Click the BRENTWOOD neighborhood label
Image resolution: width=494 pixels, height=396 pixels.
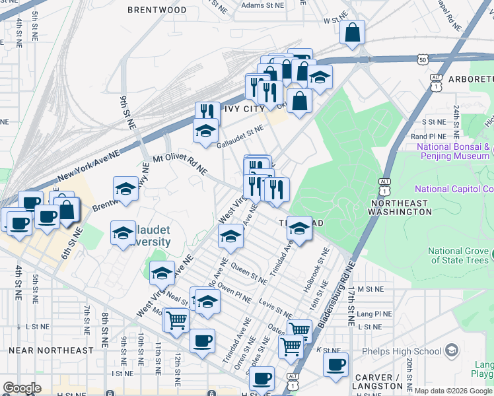point(157,10)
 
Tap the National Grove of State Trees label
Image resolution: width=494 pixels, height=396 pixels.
point(460,255)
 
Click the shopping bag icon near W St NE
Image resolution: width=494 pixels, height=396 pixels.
point(353,32)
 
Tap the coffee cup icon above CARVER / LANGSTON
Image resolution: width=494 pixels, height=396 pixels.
point(336,364)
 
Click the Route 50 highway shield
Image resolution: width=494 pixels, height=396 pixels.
point(421,59)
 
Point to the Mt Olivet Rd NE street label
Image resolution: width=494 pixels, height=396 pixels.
point(180,165)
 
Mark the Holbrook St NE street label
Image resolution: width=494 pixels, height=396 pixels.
point(316,271)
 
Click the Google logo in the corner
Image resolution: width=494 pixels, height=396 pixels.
point(22,387)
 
